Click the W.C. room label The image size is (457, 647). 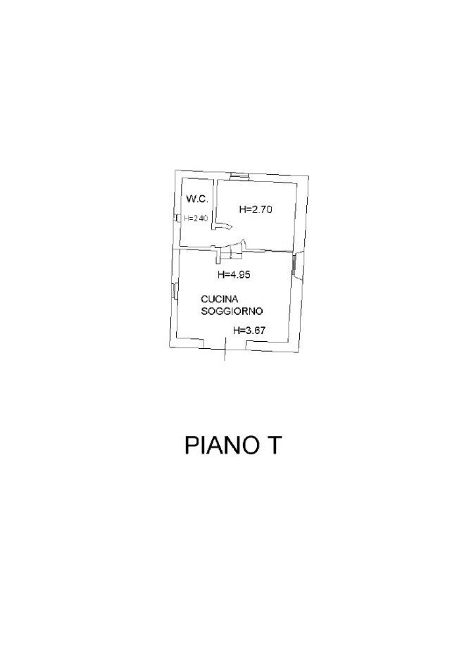196,200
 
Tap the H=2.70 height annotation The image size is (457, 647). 256,209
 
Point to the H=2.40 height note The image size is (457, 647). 196,218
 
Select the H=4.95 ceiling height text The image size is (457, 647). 234,275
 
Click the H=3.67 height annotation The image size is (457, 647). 251,329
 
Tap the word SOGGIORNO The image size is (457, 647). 232,311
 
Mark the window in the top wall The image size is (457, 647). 240,175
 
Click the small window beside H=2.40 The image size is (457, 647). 177,218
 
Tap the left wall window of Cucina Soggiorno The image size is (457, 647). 174,290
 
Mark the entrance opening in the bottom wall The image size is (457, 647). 225,344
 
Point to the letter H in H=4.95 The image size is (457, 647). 220,275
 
